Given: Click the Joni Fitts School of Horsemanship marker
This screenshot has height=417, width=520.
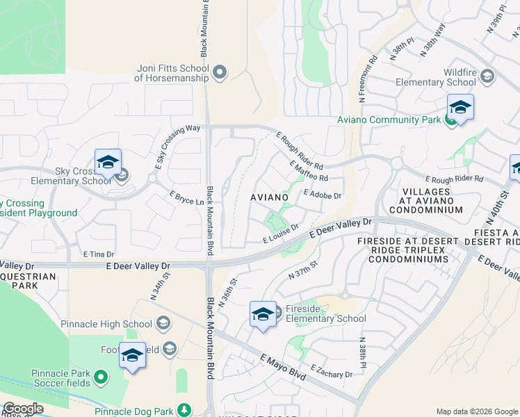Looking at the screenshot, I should [x=220, y=72].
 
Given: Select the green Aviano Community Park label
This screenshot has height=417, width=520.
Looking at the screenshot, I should [x=389, y=120].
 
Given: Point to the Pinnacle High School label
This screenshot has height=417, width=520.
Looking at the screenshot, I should [x=106, y=324].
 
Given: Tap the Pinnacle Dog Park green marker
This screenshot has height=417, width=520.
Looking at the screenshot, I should [x=184, y=410].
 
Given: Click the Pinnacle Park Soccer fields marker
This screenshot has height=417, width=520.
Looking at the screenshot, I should [x=101, y=377].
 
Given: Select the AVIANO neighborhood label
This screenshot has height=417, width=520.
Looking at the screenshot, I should [x=269, y=198].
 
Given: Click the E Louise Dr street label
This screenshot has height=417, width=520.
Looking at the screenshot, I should [x=280, y=234].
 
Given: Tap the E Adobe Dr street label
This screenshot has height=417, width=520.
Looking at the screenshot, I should [x=323, y=195].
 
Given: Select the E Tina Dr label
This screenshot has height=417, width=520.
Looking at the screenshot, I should [x=98, y=254].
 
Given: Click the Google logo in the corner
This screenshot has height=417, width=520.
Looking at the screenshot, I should [x=22, y=409].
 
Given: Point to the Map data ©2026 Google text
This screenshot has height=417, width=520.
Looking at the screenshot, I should [x=476, y=411].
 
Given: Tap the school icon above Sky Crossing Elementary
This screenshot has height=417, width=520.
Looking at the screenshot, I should [x=108, y=163].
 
